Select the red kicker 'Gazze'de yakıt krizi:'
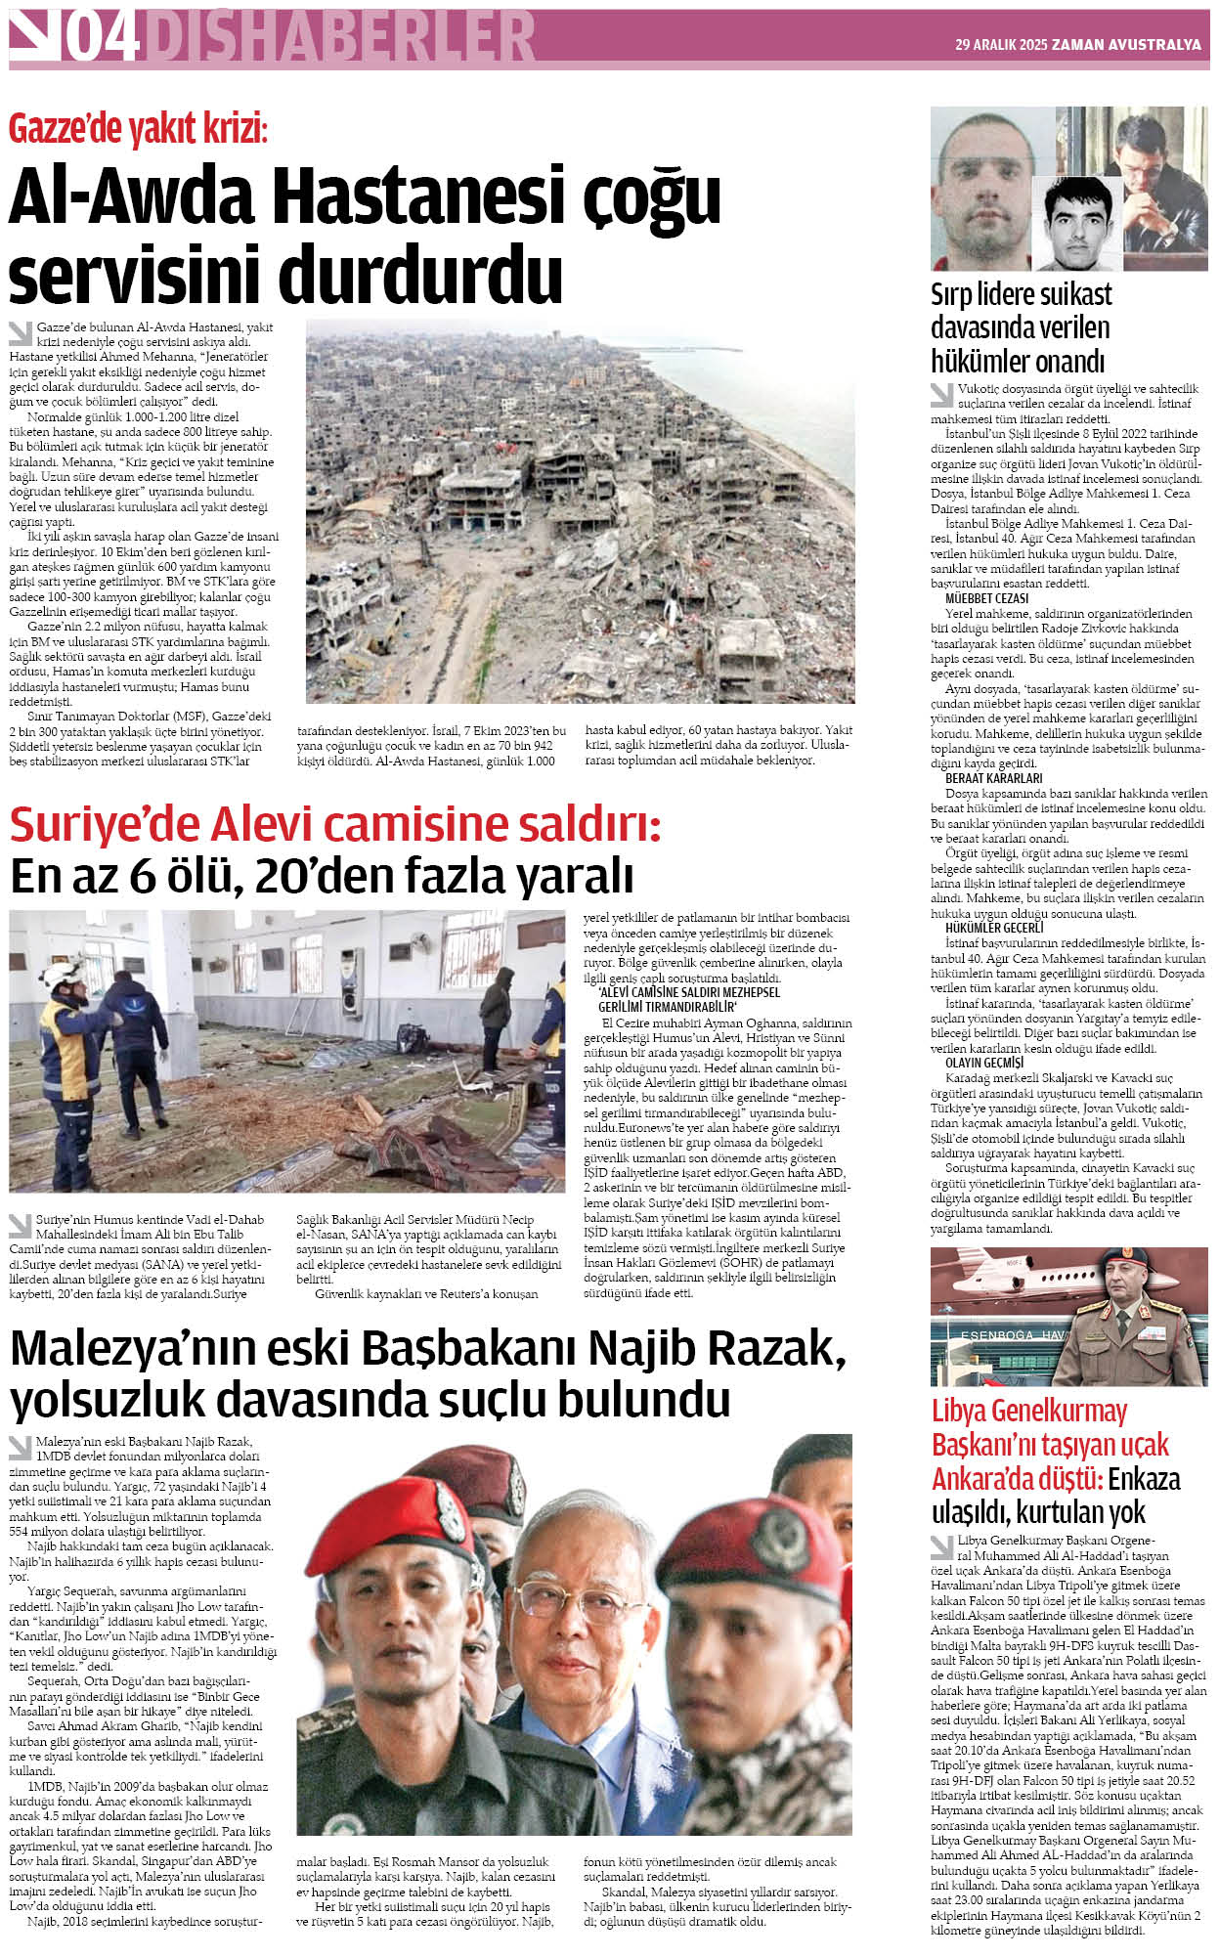pos(138,129)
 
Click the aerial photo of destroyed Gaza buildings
pos(580,510)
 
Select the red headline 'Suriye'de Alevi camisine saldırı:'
pos(335,825)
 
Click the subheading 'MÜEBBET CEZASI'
pos(986,598)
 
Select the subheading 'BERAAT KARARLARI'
pos(993,778)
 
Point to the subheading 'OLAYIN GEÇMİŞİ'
pos(984,1062)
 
